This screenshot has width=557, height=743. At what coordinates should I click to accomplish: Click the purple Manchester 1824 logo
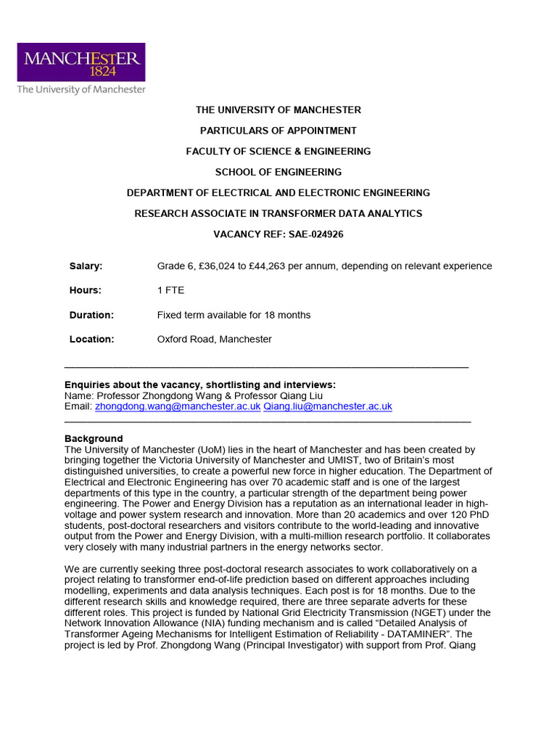(x=81, y=62)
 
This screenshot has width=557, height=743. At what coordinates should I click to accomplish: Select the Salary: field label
(x=86, y=266)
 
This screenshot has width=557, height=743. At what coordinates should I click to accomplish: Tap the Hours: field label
(x=85, y=290)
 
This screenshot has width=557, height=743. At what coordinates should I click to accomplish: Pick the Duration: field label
(x=91, y=315)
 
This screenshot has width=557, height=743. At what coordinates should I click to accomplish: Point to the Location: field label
(x=91, y=339)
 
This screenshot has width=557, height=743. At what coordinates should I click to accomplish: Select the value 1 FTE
(x=170, y=290)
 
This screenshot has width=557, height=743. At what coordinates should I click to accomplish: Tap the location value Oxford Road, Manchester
(x=214, y=339)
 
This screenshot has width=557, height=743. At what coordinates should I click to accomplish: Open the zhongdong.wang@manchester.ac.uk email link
(x=178, y=407)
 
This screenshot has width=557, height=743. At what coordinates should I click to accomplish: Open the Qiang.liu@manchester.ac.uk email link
(x=327, y=407)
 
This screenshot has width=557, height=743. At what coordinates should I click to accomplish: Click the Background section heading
(x=94, y=439)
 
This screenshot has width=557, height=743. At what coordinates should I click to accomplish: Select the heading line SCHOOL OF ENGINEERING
(x=278, y=172)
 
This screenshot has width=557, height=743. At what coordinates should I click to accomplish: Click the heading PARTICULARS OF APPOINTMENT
(x=278, y=131)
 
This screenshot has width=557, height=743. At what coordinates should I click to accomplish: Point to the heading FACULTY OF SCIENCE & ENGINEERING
(x=278, y=151)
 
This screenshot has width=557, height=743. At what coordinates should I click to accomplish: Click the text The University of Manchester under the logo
(x=81, y=89)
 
